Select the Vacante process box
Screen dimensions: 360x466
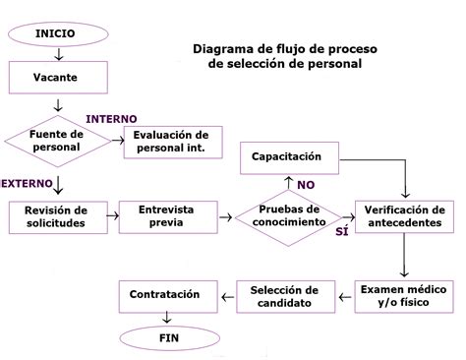pyautogui.click(x=55, y=76)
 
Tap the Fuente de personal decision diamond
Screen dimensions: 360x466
pyautogui.click(x=55, y=141)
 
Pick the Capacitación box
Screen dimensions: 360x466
pyautogui.click(x=290, y=156)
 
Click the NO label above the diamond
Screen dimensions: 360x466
pyautogui.click(x=306, y=184)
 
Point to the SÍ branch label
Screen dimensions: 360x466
pyautogui.click(x=341, y=231)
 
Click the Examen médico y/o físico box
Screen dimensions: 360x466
pyautogui.click(x=404, y=296)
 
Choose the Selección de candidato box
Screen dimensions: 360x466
pyautogui.click(x=284, y=296)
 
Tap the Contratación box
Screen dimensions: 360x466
pyautogui.click(x=164, y=294)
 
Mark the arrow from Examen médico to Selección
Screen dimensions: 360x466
pyautogui.click(x=343, y=295)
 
